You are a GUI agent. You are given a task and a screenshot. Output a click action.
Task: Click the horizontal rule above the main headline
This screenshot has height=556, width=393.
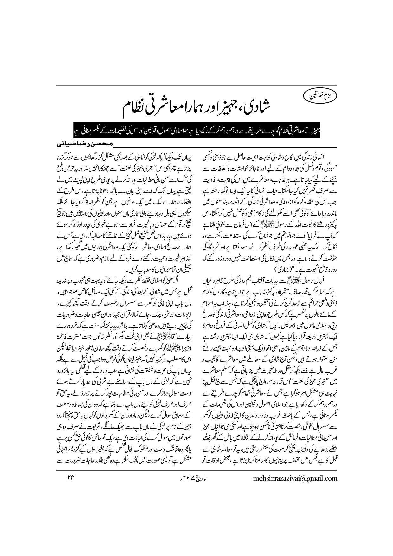(x=196, y=85)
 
